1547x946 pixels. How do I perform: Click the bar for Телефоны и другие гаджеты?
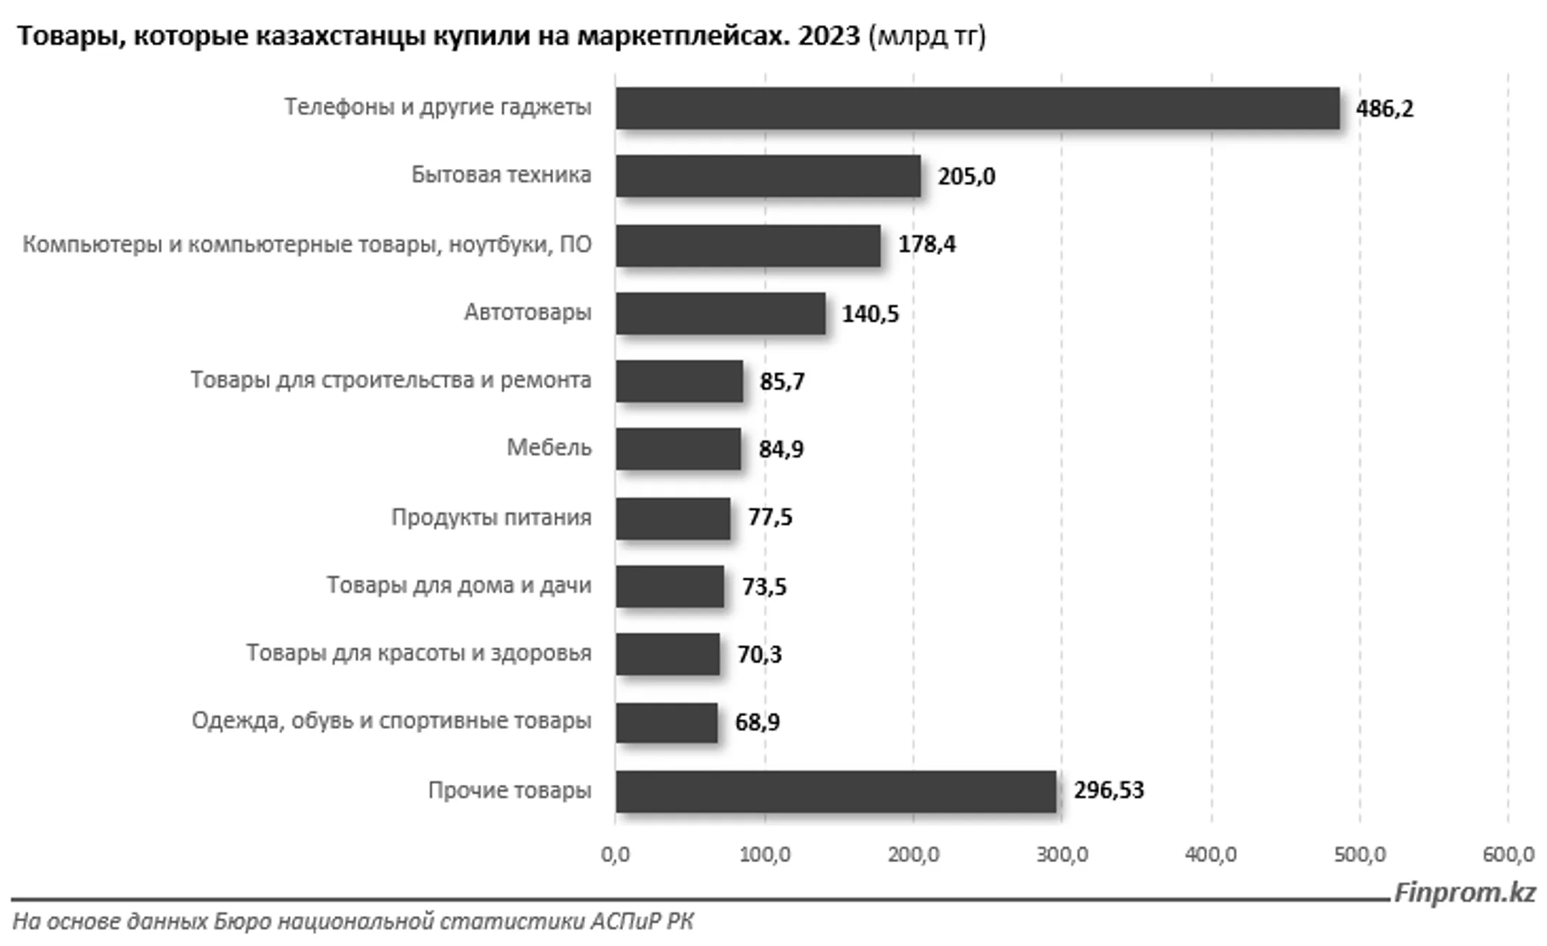978,108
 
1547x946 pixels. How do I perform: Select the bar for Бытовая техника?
768,176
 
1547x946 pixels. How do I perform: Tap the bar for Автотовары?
721,313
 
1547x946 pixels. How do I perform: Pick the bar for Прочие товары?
836,791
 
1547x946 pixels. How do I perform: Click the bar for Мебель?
678,449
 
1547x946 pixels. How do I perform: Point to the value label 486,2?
1384,109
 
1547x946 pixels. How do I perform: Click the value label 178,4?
927,245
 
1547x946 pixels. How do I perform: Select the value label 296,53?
1109,791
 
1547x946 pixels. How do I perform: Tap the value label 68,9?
757,722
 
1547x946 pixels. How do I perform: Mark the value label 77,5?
770,517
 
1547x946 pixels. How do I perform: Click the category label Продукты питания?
491,517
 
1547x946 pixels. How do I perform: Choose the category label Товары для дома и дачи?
459,585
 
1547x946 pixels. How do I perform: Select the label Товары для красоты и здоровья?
419,653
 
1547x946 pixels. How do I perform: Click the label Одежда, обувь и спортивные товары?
391,720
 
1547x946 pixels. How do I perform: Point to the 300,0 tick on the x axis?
1061,854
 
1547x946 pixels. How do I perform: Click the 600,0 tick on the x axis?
1508,854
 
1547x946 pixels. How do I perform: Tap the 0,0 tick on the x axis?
615,854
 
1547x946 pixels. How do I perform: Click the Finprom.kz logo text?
1464,892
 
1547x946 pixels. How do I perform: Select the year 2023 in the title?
829,35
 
